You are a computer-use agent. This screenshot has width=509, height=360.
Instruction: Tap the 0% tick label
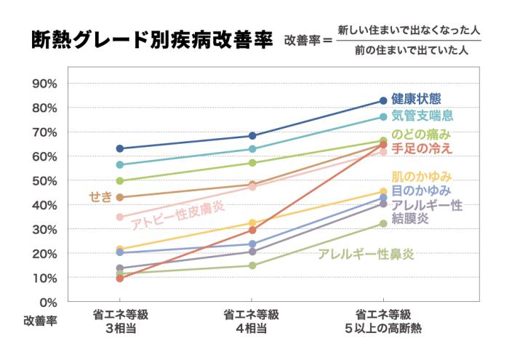(49, 302)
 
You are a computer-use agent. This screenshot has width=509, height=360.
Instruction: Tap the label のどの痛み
(421, 135)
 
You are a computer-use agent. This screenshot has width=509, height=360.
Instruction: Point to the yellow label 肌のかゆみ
(422, 177)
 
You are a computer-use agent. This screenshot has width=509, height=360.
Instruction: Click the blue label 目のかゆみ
(421, 191)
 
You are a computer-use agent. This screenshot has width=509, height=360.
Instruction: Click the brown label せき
(99, 196)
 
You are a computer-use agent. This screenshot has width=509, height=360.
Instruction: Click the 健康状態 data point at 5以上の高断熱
(383, 101)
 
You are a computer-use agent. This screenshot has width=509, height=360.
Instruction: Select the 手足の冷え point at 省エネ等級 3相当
(120, 279)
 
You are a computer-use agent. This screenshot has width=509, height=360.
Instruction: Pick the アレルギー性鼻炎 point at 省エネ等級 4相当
(252, 265)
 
